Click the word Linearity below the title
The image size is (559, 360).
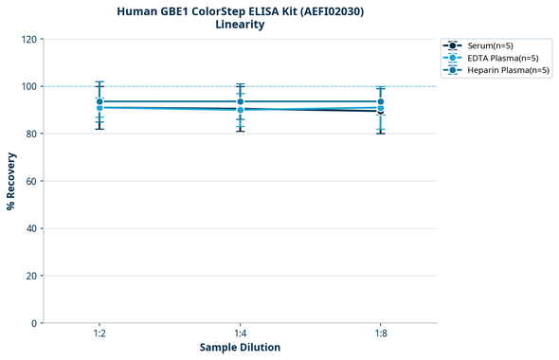[240, 25]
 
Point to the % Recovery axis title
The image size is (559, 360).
[11, 180]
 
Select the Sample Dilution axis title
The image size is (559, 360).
[240, 348]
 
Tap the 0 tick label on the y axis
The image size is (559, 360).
[34, 323]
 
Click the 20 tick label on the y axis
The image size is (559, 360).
[31, 276]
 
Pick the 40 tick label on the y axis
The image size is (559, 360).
[31, 228]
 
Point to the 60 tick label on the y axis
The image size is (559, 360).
[31, 181]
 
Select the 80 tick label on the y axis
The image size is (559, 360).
[31, 134]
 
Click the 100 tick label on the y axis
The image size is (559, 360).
[28, 86]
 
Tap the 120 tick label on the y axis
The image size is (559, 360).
[28, 39]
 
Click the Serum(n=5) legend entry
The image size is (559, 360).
[491, 45]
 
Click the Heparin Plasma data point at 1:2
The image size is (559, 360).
[99, 101]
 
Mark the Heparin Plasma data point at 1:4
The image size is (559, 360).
[240, 101]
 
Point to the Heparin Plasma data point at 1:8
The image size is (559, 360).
[380, 101]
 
